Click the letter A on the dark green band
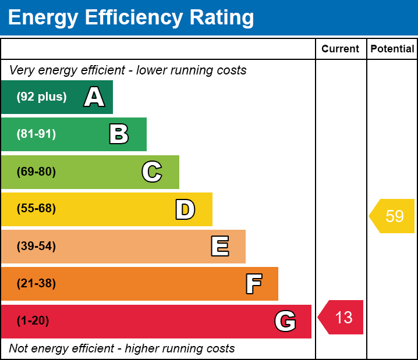(94, 97)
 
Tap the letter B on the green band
(119, 134)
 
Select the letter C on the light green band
(152, 172)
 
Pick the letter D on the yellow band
(185, 209)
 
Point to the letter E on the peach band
(219, 247)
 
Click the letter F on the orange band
(253, 284)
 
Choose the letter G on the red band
(285, 321)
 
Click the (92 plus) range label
(41, 97)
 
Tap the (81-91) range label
(36, 134)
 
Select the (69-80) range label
(36, 172)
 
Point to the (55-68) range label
(36, 209)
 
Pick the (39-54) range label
(36, 246)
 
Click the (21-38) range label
(36, 284)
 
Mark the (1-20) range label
(33, 321)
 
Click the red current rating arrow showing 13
(342, 318)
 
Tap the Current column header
(341, 49)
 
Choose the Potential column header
(392, 49)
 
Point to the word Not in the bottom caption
(19, 349)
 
